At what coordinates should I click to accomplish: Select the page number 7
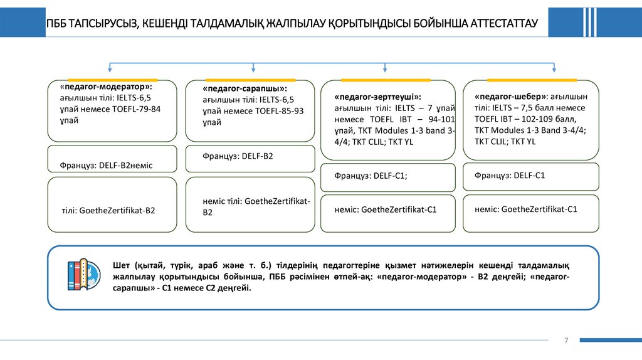[566, 340]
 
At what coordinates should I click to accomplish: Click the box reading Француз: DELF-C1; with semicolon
[388, 177]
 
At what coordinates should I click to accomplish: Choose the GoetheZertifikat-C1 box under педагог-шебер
[530, 209]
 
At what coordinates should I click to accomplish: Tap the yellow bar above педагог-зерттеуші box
[385, 80]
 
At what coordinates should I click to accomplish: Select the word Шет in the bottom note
[122, 265]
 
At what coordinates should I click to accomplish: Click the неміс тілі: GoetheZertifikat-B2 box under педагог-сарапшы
[250, 207]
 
